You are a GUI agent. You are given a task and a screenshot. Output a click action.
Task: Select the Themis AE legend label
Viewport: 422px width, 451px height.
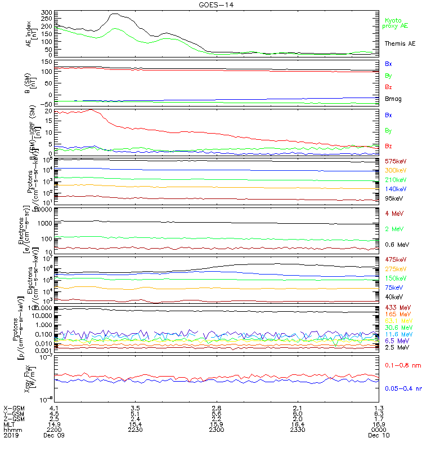pos(399,43)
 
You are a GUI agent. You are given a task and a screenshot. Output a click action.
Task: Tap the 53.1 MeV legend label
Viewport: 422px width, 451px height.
pos(397,321)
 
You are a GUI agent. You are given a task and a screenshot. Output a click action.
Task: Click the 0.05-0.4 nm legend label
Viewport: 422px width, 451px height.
pos(402,388)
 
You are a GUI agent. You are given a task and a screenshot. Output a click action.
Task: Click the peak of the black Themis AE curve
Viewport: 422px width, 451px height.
pos(116,14)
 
